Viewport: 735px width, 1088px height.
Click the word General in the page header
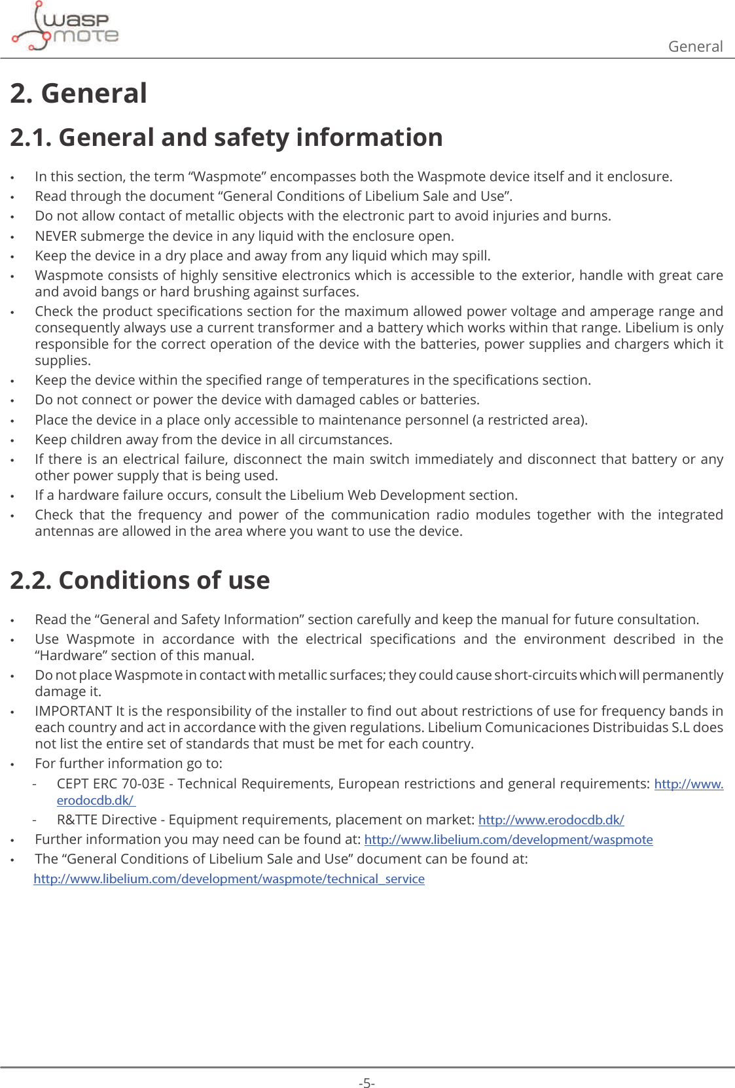(x=695, y=46)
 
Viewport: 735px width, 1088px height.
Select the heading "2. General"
(x=79, y=94)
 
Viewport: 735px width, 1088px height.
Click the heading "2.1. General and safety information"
(x=226, y=137)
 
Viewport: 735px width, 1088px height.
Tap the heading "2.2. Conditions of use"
(x=140, y=580)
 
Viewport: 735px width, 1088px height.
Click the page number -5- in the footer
(x=367, y=1083)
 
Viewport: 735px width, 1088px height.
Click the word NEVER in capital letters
(x=56, y=236)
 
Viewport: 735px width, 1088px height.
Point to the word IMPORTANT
(x=73, y=711)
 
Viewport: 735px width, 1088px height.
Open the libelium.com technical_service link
(x=229, y=879)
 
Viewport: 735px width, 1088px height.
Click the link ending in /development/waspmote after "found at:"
(x=509, y=839)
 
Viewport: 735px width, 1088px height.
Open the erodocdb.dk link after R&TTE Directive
(x=551, y=820)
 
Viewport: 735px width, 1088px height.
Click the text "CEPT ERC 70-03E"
(x=111, y=784)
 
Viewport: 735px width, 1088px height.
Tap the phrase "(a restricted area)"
(x=529, y=420)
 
